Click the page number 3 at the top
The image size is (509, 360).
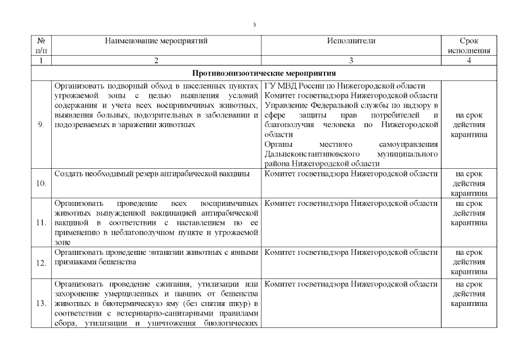point(254,25)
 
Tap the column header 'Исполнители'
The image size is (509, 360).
point(351,41)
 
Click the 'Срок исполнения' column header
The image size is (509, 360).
point(469,46)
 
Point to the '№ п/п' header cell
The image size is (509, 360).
point(41,46)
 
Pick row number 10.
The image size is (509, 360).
point(41,183)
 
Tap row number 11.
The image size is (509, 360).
point(41,222)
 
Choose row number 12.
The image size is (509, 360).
point(41,263)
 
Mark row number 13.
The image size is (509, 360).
point(41,303)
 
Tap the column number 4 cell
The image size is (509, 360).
point(469,60)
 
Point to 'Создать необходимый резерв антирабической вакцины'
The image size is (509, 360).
point(152,174)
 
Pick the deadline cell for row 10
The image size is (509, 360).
point(469,183)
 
